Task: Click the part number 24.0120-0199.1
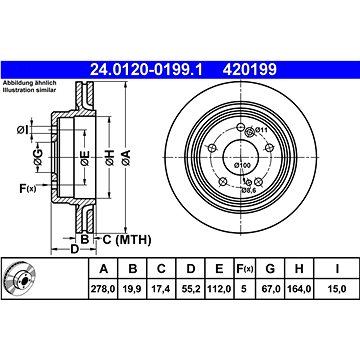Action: tap(146, 70)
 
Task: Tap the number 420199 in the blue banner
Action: tap(250, 70)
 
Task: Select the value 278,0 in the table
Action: tap(104, 289)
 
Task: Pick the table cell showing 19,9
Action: tap(133, 289)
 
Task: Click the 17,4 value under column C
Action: tap(161, 289)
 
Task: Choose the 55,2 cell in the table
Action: tap(191, 289)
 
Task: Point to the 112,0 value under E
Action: tap(219, 289)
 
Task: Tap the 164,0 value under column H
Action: tap(299, 289)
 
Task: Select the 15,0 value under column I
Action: tap(337, 289)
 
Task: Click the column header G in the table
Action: tap(270, 268)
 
